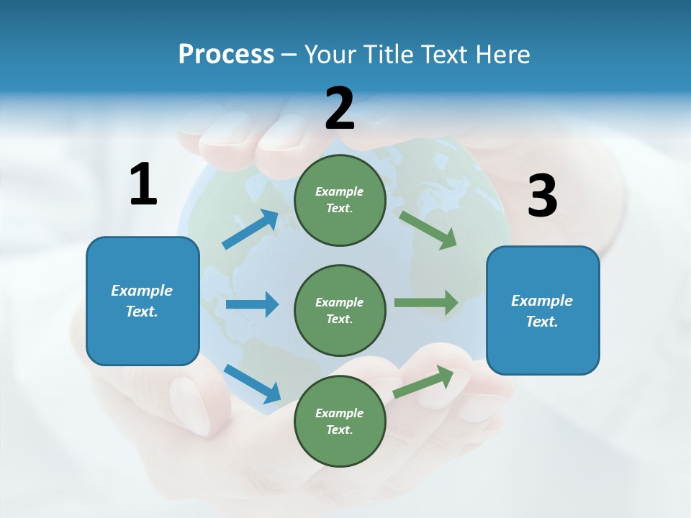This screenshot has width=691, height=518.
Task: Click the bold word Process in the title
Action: pos(226,54)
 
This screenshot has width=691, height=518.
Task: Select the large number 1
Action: pos(143,184)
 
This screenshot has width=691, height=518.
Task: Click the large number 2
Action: pos(340,109)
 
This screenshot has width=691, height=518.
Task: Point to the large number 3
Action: pos(542,196)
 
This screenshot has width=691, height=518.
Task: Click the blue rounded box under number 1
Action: pos(143,301)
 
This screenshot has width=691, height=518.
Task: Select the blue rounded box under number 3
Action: pos(543,310)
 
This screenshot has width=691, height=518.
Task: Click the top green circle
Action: pos(340,200)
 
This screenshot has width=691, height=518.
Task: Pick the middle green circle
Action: pos(340,310)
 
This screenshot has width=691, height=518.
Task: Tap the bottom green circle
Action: pos(340,421)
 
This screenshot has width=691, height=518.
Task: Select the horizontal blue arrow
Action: pos(252,304)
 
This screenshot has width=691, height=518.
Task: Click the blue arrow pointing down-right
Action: pos(252,383)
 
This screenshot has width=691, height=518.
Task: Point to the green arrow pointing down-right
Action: pos(428,230)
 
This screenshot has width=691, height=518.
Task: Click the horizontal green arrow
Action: pos(426,302)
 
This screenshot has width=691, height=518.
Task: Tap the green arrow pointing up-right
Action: pos(423,382)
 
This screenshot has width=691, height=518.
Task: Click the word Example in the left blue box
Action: pos(142,291)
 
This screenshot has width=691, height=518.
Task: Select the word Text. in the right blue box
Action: pos(542,322)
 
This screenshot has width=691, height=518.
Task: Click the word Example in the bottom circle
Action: pos(340,413)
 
